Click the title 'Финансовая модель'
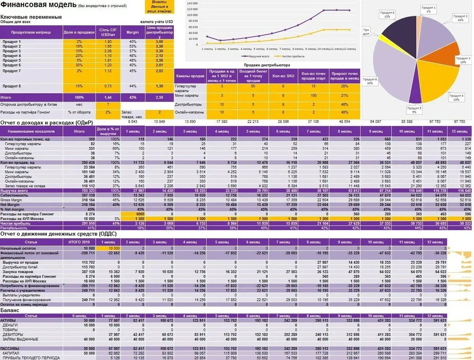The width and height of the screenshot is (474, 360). [x=38, y=5]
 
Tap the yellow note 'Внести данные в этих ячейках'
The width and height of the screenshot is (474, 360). [x=160, y=7]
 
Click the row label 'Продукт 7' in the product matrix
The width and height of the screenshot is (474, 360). [x=12, y=71]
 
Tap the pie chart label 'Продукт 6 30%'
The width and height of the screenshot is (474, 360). [x=370, y=81]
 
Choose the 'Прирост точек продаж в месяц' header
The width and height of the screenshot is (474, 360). [x=345, y=76]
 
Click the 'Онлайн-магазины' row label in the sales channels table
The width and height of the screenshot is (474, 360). [x=189, y=112]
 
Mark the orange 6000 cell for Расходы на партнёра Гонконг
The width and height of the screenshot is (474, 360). [x=133, y=214]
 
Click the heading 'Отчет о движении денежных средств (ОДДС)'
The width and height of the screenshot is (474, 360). [x=58, y=234]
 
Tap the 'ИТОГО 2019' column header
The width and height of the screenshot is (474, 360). [x=80, y=242]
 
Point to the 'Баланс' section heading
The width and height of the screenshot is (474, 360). [x=9, y=311]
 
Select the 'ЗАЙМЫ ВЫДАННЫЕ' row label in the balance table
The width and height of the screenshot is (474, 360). [x=20, y=339]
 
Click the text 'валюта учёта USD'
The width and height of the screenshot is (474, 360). [x=156, y=22]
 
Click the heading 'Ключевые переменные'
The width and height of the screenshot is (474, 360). [x=31, y=17]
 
